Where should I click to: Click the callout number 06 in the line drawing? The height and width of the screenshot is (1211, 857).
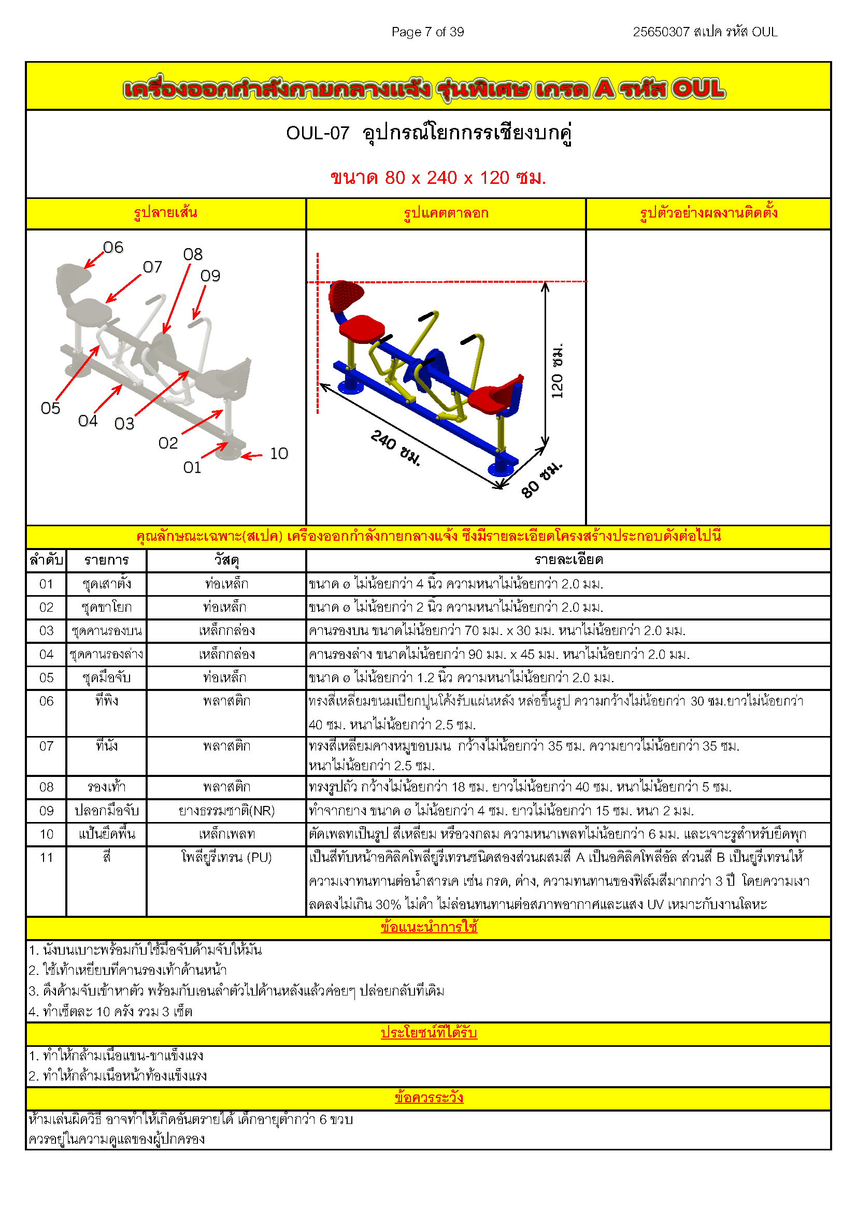tap(113, 248)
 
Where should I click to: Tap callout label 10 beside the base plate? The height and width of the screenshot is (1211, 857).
tap(279, 454)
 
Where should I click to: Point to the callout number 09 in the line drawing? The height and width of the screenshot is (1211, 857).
tap(210, 276)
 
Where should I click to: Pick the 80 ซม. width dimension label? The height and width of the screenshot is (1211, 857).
tap(541, 480)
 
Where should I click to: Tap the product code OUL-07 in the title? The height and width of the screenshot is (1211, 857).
tap(318, 133)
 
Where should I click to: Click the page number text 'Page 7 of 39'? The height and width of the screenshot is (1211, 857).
tap(427, 32)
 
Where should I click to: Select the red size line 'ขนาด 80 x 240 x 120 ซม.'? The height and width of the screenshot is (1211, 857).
tap(438, 178)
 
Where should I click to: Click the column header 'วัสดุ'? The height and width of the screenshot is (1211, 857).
tap(226, 560)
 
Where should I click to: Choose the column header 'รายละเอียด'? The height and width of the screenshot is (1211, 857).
tap(568, 560)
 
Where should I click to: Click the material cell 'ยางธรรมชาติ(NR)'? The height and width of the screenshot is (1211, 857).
tap(226, 811)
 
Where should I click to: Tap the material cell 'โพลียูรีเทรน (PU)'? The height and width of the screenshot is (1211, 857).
tap(226, 858)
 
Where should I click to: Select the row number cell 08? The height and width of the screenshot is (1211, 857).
tap(47, 787)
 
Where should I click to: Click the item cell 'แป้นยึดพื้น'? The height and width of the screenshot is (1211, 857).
tap(107, 834)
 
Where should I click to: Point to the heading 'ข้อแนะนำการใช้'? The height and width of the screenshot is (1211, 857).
tap(428, 927)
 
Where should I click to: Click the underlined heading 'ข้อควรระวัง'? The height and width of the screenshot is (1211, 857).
tap(428, 1098)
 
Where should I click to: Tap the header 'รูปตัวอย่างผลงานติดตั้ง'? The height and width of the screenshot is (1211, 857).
tap(708, 213)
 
